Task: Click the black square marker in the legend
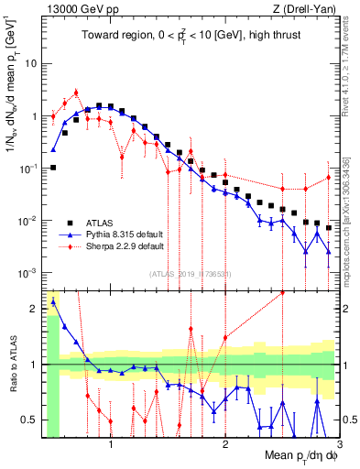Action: tap(69, 222)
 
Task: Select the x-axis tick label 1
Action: tap(111, 447)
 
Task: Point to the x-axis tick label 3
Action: tap(339, 447)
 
